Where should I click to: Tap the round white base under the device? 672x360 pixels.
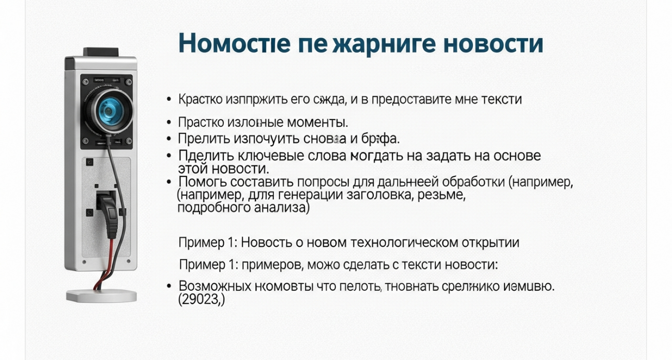[x=101, y=296]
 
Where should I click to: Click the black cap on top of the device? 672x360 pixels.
[x=101, y=52]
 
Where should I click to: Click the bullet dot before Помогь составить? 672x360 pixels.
[x=169, y=182]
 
